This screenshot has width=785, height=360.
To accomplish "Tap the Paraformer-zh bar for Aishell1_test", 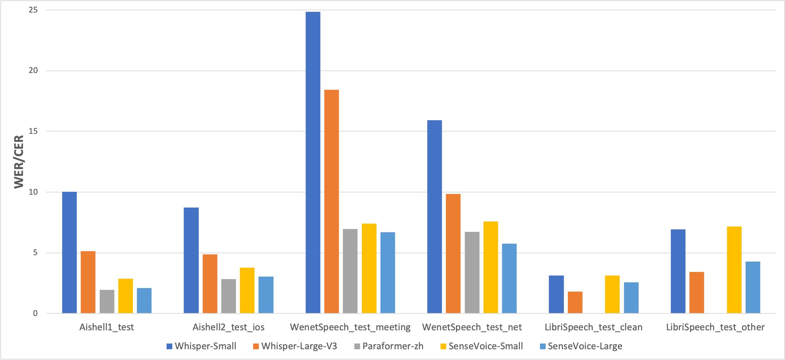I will pyautogui.click(x=107, y=302).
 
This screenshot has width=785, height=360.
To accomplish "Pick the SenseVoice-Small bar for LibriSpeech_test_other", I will pyautogui.click(x=734, y=270).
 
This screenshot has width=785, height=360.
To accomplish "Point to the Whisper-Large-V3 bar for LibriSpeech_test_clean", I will pyautogui.click(x=575, y=302).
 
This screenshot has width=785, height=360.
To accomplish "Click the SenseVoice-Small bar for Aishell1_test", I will pyautogui.click(x=126, y=296).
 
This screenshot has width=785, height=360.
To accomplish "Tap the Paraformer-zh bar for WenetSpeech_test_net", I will pyautogui.click(x=472, y=273).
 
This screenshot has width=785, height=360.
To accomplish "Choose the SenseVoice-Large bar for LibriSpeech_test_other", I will pyautogui.click(x=753, y=287).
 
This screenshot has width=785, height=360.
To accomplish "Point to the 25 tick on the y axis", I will pyautogui.click(x=33, y=10).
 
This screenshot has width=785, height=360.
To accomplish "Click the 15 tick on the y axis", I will pyautogui.click(x=33, y=131).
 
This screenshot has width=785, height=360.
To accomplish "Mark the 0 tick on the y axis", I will pyautogui.click(x=35, y=313).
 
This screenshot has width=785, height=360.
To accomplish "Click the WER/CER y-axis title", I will pyautogui.click(x=19, y=162).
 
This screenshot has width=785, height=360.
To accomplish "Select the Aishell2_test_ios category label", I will pyautogui.click(x=229, y=327).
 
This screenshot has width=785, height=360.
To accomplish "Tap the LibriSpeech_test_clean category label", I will pyautogui.click(x=593, y=327).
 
